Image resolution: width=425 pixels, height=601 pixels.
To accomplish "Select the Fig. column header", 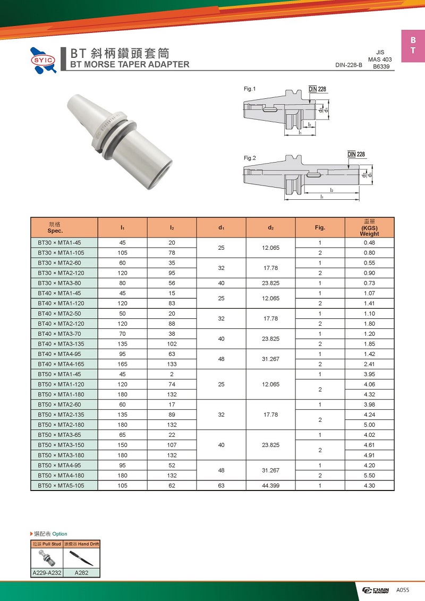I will tap(319, 227).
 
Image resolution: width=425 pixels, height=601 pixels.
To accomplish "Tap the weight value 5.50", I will tap(369, 475).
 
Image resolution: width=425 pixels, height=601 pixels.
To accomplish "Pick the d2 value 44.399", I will tap(270, 485).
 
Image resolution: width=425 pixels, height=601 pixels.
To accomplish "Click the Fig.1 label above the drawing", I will tap(250, 89).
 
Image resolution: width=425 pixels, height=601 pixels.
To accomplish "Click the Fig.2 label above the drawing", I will tap(250, 158).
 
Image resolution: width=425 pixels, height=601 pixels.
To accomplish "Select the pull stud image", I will tap(47, 558).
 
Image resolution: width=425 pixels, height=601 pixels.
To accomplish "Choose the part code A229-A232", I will tap(47, 573).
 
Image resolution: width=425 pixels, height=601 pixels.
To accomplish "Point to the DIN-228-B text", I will tap(348, 65).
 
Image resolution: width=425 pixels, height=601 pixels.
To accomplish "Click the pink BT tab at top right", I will tap(413, 46).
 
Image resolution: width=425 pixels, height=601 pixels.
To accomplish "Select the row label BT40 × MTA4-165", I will tap(61, 364).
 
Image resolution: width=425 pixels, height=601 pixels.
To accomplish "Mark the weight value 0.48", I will tap(369, 243).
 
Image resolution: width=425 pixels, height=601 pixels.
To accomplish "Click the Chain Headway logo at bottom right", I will tap(376, 590).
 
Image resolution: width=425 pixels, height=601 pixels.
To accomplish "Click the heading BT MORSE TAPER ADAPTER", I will tap(130, 64).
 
